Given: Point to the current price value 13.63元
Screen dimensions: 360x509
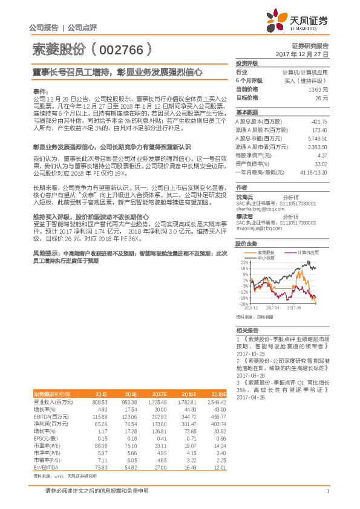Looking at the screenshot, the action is (318, 89).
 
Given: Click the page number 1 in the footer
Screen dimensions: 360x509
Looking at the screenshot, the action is (327, 491).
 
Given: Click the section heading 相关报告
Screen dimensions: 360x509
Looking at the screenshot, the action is (247, 331).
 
